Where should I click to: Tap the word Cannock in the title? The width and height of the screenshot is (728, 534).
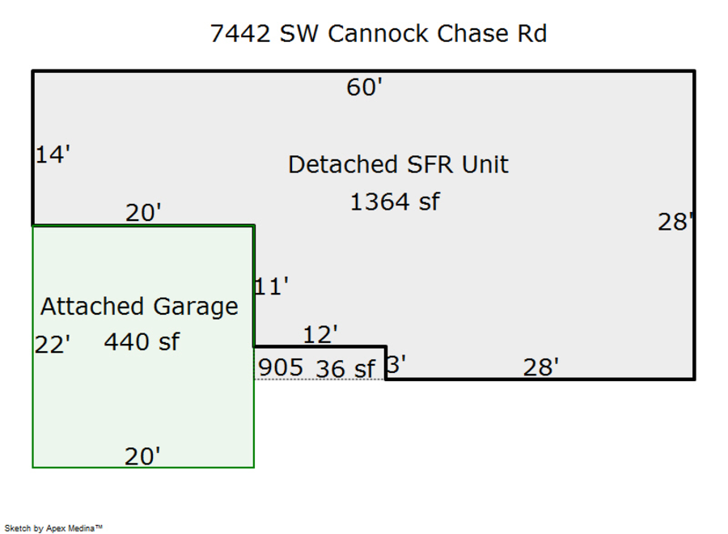click(379, 34)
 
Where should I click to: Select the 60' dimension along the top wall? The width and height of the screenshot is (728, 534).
click(364, 87)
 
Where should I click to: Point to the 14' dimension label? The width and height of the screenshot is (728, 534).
click(53, 155)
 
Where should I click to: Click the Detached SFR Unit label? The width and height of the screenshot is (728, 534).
click(398, 165)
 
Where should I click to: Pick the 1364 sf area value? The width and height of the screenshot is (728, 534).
click(395, 201)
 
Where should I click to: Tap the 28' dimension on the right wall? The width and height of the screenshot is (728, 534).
click(675, 222)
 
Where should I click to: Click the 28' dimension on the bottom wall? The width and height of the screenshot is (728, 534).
click(541, 368)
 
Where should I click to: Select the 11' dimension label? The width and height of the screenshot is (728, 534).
click(272, 286)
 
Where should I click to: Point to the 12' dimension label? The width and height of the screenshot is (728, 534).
click(320, 334)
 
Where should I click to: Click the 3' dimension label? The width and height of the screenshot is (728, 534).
click(396, 365)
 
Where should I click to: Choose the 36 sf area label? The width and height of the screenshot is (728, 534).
click(345, 369)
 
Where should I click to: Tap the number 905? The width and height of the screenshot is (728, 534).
click(280, 367)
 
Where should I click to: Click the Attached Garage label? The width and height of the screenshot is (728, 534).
click(139, 307)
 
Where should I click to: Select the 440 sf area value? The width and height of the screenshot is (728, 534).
click(142, 342)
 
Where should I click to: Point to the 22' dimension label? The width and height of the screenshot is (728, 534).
click(53, 345)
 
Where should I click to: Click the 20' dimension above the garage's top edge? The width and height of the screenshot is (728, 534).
click(143, 213)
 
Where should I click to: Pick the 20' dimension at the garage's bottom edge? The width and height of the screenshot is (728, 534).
click(142, 457)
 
